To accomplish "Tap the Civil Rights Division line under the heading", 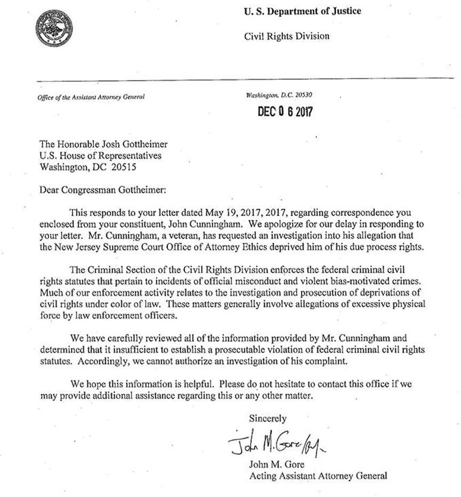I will point(287,36).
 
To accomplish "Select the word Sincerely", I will point(268,418).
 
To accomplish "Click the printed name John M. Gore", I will point(275,463).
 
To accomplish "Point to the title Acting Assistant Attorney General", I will point(317,475).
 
